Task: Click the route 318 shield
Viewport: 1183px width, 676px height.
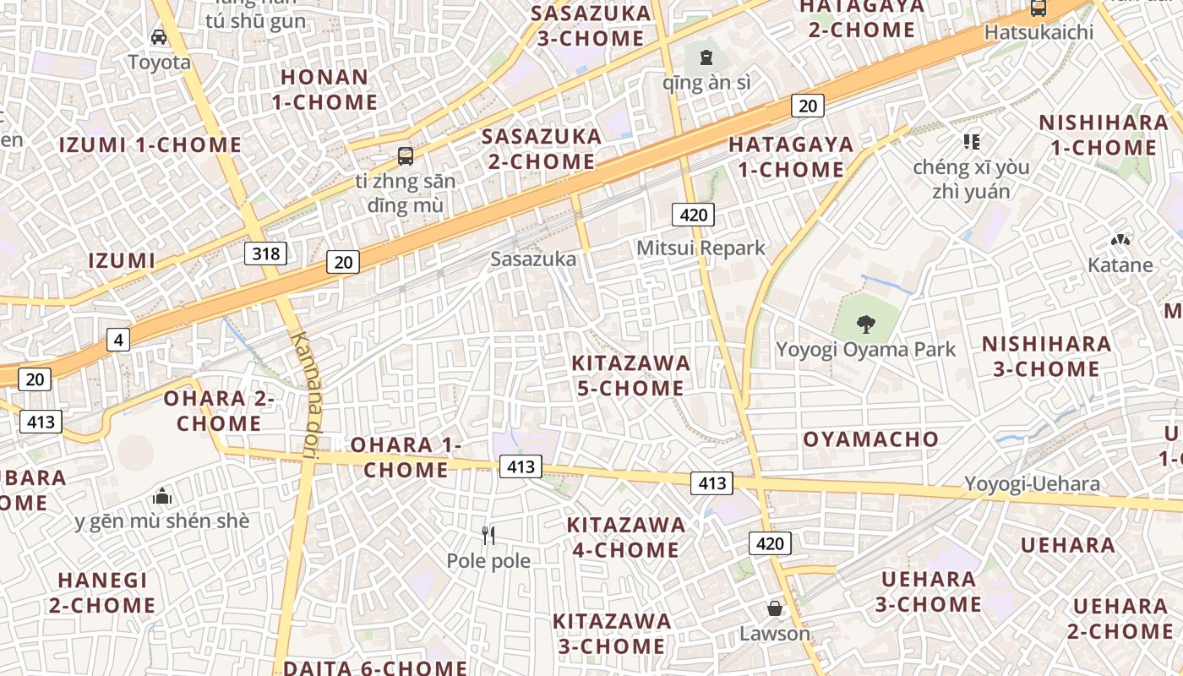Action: pos(265,253)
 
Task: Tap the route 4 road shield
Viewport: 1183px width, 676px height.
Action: pos(118,341)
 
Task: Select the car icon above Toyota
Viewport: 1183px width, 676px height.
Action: pos(159,36)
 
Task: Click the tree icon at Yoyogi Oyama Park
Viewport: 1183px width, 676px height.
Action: pos(865,323)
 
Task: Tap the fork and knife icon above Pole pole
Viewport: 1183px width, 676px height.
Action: pos(488,535)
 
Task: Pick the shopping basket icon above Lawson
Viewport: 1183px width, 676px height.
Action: pos(774,608)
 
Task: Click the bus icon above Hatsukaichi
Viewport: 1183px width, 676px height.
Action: pos(1039,8)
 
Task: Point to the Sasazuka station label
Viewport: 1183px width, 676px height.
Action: pos(533,259)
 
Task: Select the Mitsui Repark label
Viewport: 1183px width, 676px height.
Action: pos(701,248)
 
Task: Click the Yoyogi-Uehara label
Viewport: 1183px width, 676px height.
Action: pos(1033,484)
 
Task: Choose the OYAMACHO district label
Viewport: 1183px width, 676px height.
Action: pos(870,439)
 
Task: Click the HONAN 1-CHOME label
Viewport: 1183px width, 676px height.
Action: pos(329,90)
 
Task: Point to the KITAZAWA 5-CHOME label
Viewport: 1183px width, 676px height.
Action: pos(630,376)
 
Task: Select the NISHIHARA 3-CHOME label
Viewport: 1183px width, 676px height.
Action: pos(1046,357)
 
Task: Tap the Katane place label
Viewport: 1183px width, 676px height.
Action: pos(1120,265)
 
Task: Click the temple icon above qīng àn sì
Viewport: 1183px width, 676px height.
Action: pos(706,57)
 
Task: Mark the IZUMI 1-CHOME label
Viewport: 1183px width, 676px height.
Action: pos(150,144)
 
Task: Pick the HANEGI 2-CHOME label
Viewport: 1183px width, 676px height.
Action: pos(102,592)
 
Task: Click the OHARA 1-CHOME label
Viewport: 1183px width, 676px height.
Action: pos(406,456)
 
